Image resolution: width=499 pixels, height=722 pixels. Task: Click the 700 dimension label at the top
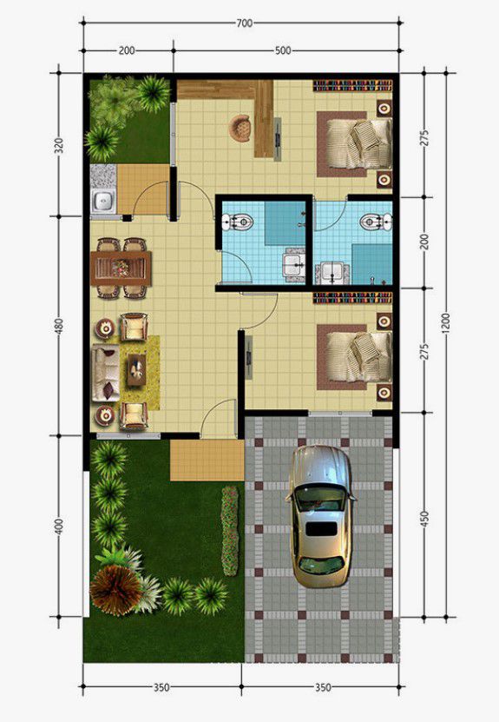[245, 22]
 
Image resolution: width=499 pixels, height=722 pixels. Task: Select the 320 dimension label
[59, 144]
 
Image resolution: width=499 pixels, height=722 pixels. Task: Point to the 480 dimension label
[59, 326]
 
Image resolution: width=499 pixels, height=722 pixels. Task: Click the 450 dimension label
[424, 519]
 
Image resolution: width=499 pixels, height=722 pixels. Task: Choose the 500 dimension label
[283, 50]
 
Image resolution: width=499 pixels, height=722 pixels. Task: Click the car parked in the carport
[321, 516]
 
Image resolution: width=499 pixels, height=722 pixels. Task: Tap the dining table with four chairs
[121, 268]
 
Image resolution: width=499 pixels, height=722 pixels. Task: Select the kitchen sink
[104, 202]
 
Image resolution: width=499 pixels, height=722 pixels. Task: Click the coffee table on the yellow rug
[136, 369]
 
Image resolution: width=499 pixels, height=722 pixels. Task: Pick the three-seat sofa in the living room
[106, 373]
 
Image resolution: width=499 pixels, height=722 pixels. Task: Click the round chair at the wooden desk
[240, 128]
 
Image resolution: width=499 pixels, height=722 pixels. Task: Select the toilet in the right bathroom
[375, 222]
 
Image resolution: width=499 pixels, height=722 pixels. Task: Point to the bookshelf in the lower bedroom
[352, 298]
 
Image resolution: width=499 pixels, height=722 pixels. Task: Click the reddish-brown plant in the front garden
[116, 590]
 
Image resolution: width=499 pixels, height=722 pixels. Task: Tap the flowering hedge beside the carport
[230, 531]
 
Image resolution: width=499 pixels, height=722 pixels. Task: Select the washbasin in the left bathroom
[294, 266]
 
